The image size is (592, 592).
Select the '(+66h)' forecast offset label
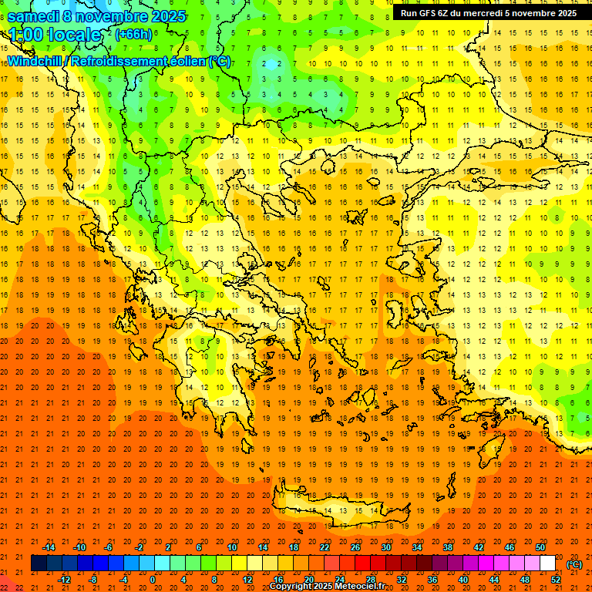133,34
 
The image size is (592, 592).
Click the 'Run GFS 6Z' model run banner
489,13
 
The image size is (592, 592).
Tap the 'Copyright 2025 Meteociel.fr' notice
338,587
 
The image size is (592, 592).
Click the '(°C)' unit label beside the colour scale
574,564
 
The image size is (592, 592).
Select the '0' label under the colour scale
152,580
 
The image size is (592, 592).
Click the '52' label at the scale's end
556,580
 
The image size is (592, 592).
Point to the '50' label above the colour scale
540,547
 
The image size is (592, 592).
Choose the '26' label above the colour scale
355,547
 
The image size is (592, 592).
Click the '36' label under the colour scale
432,580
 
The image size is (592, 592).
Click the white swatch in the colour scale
548,563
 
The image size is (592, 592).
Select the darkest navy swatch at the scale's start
39,563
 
